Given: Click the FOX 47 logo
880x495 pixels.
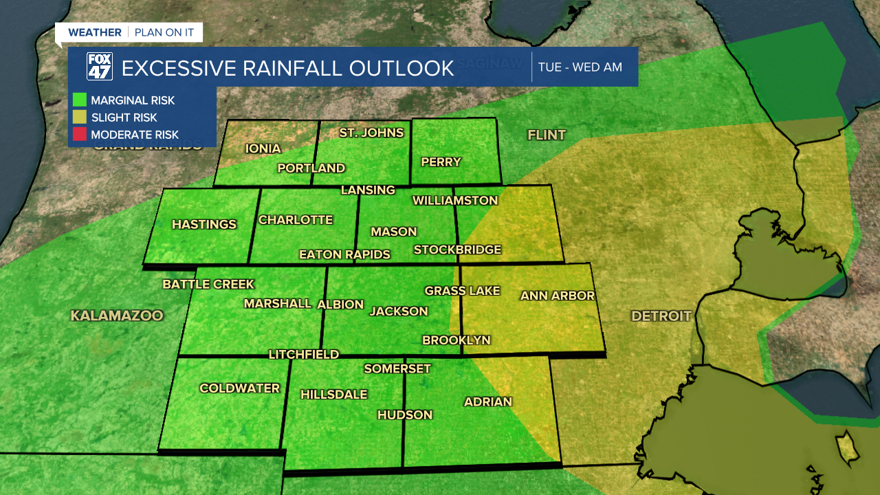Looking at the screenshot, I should [x=99, y=67].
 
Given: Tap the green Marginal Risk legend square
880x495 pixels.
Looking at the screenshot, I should [x=79, y=100].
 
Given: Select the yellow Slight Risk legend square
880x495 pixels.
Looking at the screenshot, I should [x=79, y=118].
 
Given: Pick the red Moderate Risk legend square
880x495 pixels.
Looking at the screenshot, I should [x=79, y=135].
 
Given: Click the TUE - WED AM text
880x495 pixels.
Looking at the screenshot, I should [x=580, y=67].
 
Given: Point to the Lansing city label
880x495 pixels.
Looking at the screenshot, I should [x=368, y=190].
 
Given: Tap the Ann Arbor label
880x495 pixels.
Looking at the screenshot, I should [x=557, y=296].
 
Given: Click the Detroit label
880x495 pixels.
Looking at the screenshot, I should [x=661, y=316].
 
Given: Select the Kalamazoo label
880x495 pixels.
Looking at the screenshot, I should [x=117, y=316].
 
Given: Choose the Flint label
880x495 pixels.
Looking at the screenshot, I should [x=547, y=135].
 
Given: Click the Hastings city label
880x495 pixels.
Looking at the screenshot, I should [x=203, y=224].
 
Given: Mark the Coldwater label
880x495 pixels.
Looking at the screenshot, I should [x=239, y=388].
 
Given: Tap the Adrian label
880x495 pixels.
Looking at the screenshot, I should [x=488, y=401].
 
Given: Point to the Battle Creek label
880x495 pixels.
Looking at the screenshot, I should [x=208, y=284].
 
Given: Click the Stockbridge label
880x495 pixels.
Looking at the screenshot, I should [x=457, y=250].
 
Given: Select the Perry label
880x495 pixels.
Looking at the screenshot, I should [x=441, y=162].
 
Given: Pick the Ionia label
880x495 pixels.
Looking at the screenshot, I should [x=263, y=148].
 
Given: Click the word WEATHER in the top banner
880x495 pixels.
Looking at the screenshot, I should [x=95, y=32].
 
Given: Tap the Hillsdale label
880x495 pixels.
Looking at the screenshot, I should [x=333, y=395].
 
